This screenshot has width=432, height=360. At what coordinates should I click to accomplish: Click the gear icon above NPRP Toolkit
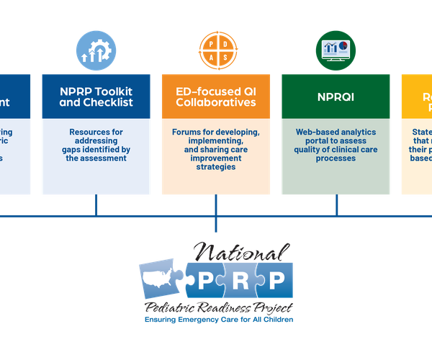click(96, 50)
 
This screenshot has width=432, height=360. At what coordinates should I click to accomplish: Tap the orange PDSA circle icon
click(216, 50)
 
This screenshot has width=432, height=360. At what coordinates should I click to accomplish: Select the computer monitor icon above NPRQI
click(336, 50)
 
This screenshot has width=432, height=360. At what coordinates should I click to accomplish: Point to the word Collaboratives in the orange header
click(216, 102)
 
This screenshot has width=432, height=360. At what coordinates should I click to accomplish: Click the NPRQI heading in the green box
click(336, 96)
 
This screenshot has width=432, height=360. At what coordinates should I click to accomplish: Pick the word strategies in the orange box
click(216, 167)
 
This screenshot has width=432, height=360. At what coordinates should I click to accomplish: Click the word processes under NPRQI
click(336, 158)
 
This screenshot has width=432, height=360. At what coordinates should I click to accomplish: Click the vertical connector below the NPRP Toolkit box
click(96, 205)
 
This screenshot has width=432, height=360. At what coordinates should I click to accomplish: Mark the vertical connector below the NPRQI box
click(336, 205)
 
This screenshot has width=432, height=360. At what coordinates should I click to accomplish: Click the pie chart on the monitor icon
click(343, 45)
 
